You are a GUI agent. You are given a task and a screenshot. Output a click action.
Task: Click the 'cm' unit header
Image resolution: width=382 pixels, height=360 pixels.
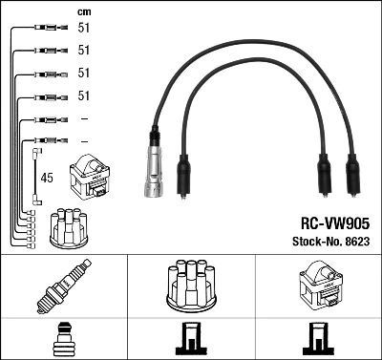(x=83, y=11)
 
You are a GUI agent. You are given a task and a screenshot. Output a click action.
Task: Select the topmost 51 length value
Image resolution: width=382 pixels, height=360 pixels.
(x=83, y=29)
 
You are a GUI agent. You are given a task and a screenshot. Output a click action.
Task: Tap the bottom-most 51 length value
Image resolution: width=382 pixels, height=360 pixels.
(x=83, y=96)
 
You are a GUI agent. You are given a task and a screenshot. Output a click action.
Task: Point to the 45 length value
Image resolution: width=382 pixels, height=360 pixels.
(x=49, y=177)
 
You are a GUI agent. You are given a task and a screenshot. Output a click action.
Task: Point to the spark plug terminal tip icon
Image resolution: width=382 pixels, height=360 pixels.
(x=63, y=339)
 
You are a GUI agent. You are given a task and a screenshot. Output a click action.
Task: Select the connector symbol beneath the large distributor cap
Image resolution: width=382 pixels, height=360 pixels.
(x=190, y=339)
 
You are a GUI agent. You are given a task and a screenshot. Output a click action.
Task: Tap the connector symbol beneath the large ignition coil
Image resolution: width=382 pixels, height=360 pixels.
(x=318, y=339)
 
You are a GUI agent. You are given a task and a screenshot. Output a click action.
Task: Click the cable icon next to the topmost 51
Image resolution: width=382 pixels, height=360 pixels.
(x=47, y=29)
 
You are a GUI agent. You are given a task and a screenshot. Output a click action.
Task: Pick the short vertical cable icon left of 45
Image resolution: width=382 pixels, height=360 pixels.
(x=36, y=176)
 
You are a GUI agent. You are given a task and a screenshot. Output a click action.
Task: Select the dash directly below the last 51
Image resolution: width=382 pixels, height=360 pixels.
(x=83, y=118)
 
